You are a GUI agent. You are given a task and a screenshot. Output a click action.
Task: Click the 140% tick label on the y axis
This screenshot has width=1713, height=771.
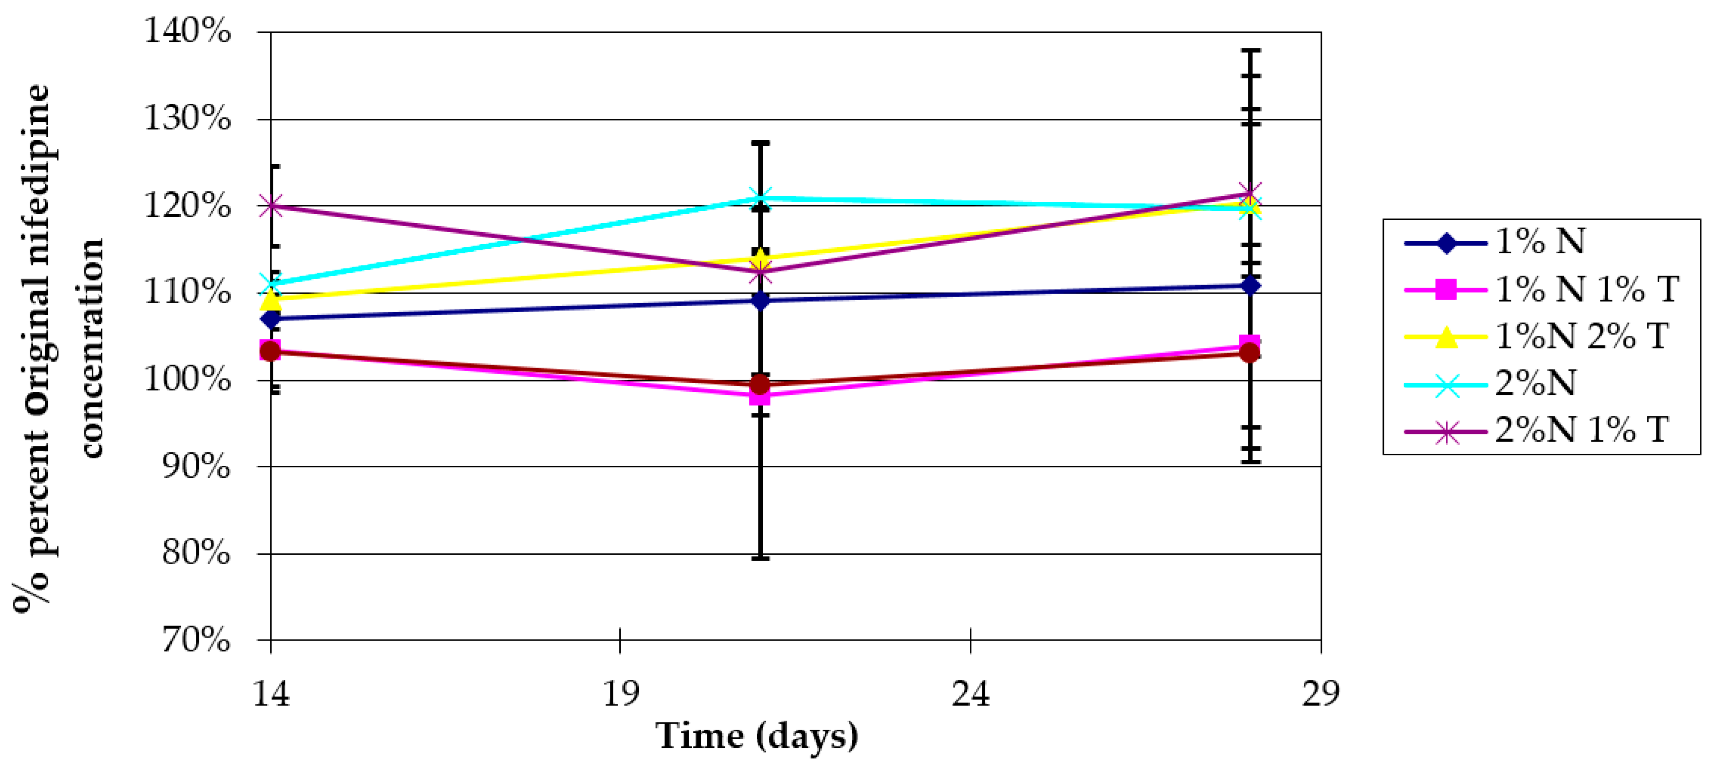tap(187, 31)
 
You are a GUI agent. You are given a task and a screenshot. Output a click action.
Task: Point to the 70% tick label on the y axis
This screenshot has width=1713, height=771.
tap(195, 641)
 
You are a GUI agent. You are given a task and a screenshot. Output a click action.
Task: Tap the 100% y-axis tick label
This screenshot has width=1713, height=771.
tap(187, 380)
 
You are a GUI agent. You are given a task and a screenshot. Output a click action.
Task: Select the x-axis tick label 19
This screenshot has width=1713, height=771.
tap(620, 694)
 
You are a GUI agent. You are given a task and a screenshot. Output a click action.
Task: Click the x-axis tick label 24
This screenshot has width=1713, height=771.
tap(970, 694)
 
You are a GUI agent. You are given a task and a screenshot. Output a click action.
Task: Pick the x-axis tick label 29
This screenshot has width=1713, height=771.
tap(1320, 694)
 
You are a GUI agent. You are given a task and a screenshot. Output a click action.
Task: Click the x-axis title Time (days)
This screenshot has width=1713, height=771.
tap(756, 736)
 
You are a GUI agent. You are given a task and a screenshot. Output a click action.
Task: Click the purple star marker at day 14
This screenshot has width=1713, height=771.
tap(271, 205)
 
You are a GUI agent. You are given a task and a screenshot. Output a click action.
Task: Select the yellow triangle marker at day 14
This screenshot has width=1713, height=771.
tap(271, 300)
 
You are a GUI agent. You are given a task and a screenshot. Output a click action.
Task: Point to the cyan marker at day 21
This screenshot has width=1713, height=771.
tap(760, 198)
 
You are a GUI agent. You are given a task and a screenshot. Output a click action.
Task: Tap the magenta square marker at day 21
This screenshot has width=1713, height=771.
tap(760, 396)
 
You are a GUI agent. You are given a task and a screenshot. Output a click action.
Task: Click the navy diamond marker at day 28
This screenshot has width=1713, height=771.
tap(1250, 285)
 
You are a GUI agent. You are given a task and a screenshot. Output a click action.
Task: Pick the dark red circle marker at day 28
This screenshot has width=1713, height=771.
tap(1250, 353)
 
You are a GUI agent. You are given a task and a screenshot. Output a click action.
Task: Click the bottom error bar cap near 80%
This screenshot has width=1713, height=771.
tap(760, 558)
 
